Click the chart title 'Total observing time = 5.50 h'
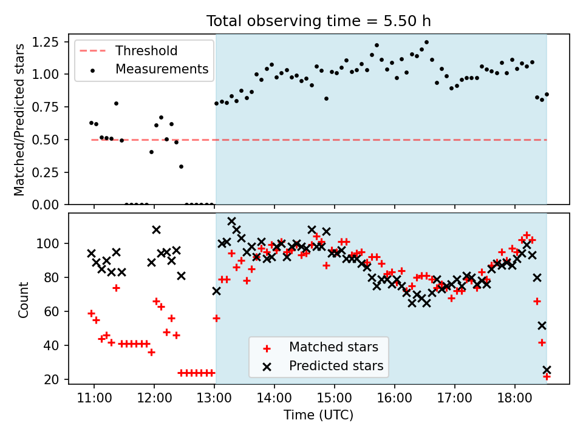(319, 21)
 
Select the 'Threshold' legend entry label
(146, 51)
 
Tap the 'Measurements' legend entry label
(162, 69)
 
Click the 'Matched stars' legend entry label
(333, 347)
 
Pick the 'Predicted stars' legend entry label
(336, 366)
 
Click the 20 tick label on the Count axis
(52, 379)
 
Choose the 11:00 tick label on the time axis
(94, 398)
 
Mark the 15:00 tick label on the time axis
(335, 398)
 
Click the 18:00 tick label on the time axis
(515, 398)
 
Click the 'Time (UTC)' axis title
(319, 415)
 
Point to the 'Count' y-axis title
(23, 299)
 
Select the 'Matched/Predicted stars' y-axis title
(19, 120)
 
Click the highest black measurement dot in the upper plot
(426, 42)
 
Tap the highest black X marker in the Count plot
(231, 222)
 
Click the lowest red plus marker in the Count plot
(547, 377)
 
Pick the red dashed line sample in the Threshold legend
(92, 51)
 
